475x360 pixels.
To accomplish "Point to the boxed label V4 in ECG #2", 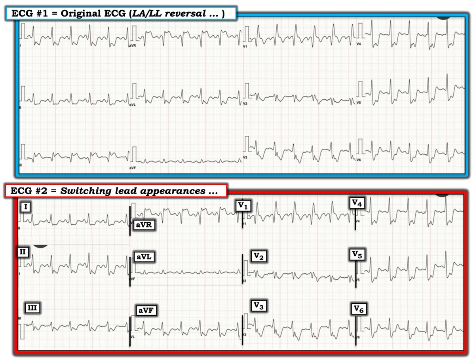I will click(357, 203).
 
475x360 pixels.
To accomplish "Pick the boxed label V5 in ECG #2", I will click(357, 254).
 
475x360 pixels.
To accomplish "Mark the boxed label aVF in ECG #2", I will click(146, 311).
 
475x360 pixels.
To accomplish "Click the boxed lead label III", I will click(33, 307).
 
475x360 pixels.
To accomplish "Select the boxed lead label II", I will click(23, 252).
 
